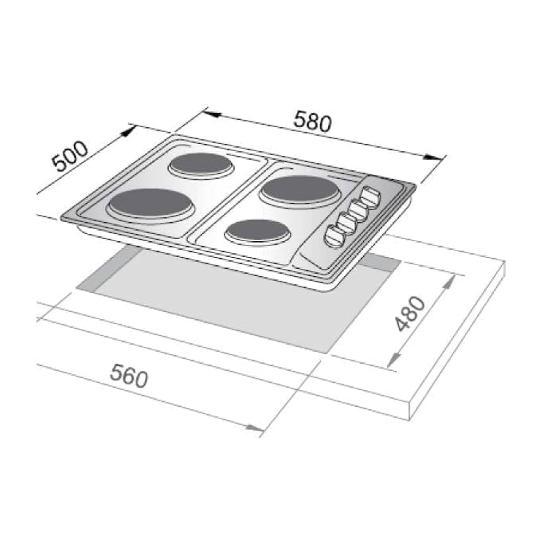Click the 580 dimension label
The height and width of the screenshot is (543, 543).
[312, 121]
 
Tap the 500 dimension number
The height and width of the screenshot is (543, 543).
[70, 156]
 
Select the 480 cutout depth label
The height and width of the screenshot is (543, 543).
[410, 314]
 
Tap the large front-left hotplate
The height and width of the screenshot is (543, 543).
[151, 204]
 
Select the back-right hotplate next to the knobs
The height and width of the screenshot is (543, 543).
[300, 191]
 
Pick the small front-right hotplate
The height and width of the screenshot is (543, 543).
[257, 231]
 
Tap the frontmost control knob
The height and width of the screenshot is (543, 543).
[334, 236]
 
